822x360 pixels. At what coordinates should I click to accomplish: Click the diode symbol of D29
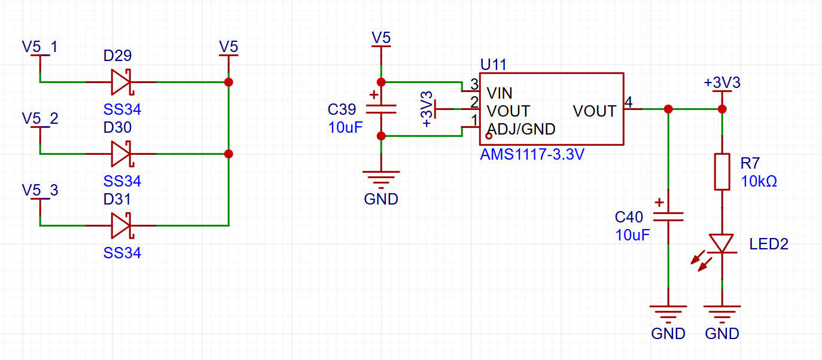pyautogui.click(x=121, y=82)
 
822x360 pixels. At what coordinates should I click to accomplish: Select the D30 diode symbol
pyautogui.click(x=121, y=154)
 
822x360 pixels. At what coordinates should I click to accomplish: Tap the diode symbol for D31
pyautogui.click(x=121, y=225)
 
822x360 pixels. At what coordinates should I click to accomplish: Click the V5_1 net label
pyautogui.click(x=40, y=47)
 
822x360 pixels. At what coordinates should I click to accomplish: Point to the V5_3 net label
pyautogui.click(x=40, y=190)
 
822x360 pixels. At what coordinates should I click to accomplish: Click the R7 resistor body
pyautogui.click(x=722, y=172)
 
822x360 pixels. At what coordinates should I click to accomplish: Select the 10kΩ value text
pyautogui.click(x=759, y=181)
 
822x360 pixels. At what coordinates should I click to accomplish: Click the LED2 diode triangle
pyautogui.click(x=722, y=243)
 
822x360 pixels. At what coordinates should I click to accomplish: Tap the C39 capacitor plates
pyautogui.click(x=381, y=109)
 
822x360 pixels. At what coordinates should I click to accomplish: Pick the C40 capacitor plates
pyautogui.click(x=668, y=217)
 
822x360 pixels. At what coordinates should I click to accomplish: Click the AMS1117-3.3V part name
pyautogui.click(x=532, y=154)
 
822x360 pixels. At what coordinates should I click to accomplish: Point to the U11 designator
pyautogui.click(x=493, y=65)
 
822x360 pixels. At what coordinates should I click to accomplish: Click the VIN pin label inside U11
pyautogui.click(x=500, y=93)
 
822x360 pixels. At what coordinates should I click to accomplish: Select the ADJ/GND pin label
pyautogui.click(x=521, y=129)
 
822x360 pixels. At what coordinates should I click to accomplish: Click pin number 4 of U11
pyautogui.click(x=629, y=102)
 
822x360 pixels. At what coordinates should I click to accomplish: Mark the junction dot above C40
pyautogui.click(x=668, y=109)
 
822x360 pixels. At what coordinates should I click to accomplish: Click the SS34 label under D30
pyautogui.click(x=122, y=181)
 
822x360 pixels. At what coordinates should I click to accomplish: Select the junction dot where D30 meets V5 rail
pyautogui.click(x=229, y=154)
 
